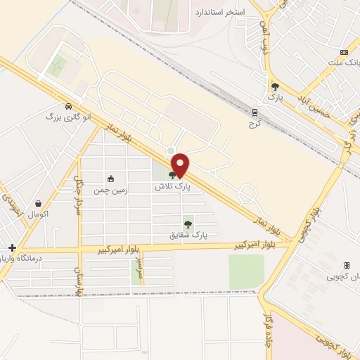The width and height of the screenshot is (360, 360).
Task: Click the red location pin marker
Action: point(181,165)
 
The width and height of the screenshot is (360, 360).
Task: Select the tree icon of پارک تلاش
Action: point(173,175)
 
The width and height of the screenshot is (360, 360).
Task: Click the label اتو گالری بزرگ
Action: point(68,116)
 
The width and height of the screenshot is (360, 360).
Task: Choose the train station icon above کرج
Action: point(255,112)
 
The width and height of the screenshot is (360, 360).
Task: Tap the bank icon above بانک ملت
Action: point(344,52)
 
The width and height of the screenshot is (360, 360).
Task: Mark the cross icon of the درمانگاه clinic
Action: point(12,247)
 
